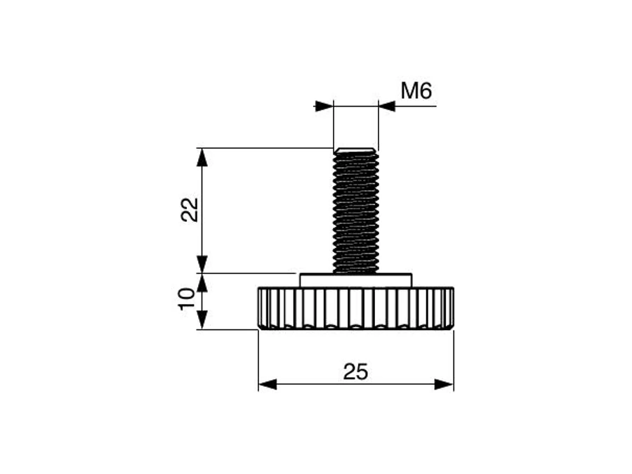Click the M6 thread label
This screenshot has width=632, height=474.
pos(416,91)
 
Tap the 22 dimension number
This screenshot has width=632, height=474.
pos(190,209)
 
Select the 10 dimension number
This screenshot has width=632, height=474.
pos(187,298)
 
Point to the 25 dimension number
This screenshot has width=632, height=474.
pos(355,371)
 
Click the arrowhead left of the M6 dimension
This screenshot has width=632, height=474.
pos(324,106)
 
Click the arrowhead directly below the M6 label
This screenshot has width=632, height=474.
pos(388,106)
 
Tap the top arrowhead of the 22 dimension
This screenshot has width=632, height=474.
pos(202,157)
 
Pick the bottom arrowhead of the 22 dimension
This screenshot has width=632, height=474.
pos(202,264)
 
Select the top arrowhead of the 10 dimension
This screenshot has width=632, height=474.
pos(202,282)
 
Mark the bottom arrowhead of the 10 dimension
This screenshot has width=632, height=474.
pos(202,320)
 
